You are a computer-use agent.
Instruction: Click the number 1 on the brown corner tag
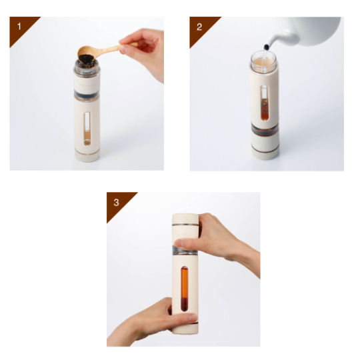[19, 27]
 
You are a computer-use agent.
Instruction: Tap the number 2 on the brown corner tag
[199, 27]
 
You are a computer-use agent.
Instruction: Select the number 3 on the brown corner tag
[116, 203]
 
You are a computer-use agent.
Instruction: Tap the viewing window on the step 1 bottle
[87, 129]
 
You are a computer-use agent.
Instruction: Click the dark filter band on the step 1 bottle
[87, 95]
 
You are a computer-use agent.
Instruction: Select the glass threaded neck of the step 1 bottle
[87, 68]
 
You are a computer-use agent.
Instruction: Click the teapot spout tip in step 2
[267, 47]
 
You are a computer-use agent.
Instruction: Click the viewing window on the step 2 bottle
[265, 103]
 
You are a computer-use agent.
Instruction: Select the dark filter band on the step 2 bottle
[265, 130]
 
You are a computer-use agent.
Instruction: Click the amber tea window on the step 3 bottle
[185, 289]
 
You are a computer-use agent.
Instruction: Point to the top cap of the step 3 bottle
[185, 220]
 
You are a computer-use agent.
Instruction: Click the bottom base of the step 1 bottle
[87, 156]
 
